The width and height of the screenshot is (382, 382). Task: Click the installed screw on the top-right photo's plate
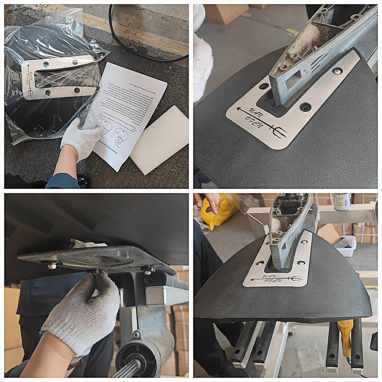pos(336,70)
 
